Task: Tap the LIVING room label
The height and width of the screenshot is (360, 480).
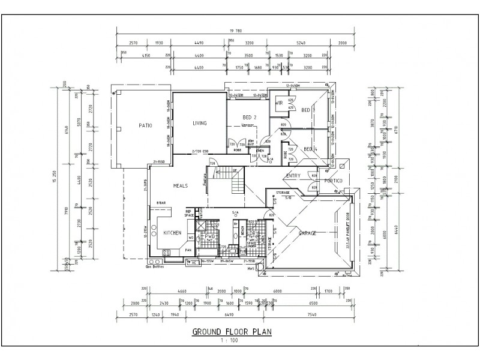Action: coord(199,124)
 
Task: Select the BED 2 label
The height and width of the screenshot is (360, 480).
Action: coord(250,117)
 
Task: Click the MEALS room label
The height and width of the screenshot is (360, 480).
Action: coord(180,186)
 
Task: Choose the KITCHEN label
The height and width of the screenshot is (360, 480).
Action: coord(172,232)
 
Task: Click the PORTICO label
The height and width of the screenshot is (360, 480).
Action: coord(332,181)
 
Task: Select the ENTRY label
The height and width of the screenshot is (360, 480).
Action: coord(293,175)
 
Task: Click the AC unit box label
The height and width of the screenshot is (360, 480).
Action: coord(193,262)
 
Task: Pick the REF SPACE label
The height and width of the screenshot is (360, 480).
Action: coord(188,214)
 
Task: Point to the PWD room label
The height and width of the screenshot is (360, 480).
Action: coord(210,237)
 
